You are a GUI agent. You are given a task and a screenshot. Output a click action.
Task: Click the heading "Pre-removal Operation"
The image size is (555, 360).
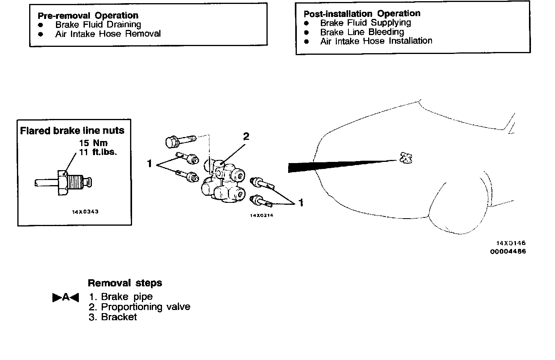pos(88,16)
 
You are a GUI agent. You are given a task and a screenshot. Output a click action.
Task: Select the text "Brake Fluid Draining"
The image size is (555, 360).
pos(98,24)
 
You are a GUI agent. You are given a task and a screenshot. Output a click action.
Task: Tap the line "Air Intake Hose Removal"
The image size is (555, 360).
pos(108,34)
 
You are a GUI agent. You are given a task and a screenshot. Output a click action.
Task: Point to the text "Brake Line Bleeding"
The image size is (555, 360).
pos(362,32)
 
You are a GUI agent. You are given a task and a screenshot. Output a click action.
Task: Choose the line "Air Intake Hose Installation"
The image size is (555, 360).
pos(376,41)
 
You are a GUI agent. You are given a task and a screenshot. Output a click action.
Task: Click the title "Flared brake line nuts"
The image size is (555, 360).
pos(72,131)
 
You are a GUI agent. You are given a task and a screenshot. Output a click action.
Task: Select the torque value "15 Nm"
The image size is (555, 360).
pos(93,143)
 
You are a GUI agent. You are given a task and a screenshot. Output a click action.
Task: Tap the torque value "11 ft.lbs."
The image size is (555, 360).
pos(98,152)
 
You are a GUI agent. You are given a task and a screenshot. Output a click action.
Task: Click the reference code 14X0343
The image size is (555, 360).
pos(85,212)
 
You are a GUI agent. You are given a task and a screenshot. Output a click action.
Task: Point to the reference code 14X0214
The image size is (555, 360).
pos(262,215)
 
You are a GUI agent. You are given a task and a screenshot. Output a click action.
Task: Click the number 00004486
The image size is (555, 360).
pos(508,251)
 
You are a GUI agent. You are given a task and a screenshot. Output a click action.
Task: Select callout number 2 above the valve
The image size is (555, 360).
pos(246,137)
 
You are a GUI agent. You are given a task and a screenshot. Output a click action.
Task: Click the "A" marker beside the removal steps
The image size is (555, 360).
pos(65,297)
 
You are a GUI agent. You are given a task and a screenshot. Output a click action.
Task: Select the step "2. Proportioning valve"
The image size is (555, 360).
pos(140,307)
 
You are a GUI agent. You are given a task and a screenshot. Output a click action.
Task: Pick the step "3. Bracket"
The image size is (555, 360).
pos(113,317)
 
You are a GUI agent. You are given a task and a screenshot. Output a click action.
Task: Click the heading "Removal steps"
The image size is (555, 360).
pos(125,283)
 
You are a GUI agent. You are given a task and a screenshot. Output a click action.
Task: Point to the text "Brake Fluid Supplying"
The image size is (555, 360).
pos(365,23)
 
